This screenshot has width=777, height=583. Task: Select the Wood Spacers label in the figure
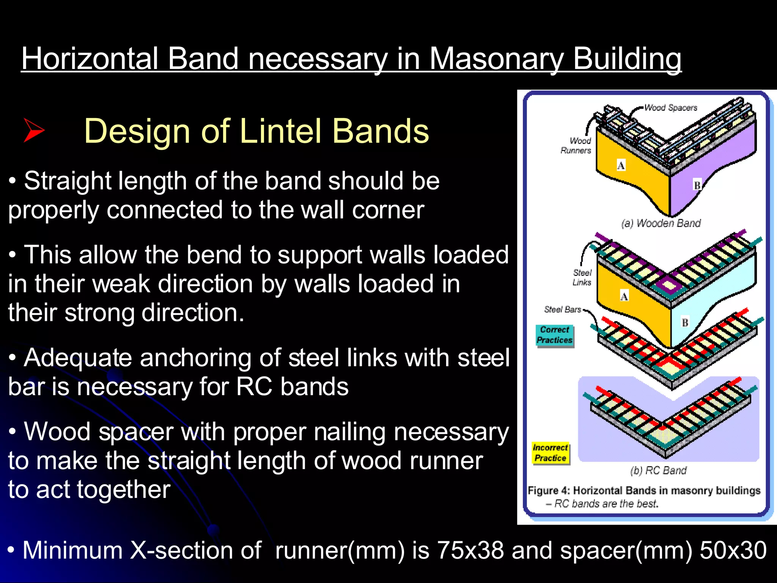670,108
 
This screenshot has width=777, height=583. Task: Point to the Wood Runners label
576,146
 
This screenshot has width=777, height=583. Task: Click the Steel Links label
582,277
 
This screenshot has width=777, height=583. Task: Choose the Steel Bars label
563,310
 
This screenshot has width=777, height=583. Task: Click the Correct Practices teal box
554,335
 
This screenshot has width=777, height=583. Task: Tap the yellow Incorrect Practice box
550,453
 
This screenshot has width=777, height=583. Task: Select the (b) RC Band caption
658,471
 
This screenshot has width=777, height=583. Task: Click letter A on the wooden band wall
621,165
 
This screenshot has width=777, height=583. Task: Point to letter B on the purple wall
697,185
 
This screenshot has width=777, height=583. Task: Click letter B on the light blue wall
685,323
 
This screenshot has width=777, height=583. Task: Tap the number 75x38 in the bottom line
470,550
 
